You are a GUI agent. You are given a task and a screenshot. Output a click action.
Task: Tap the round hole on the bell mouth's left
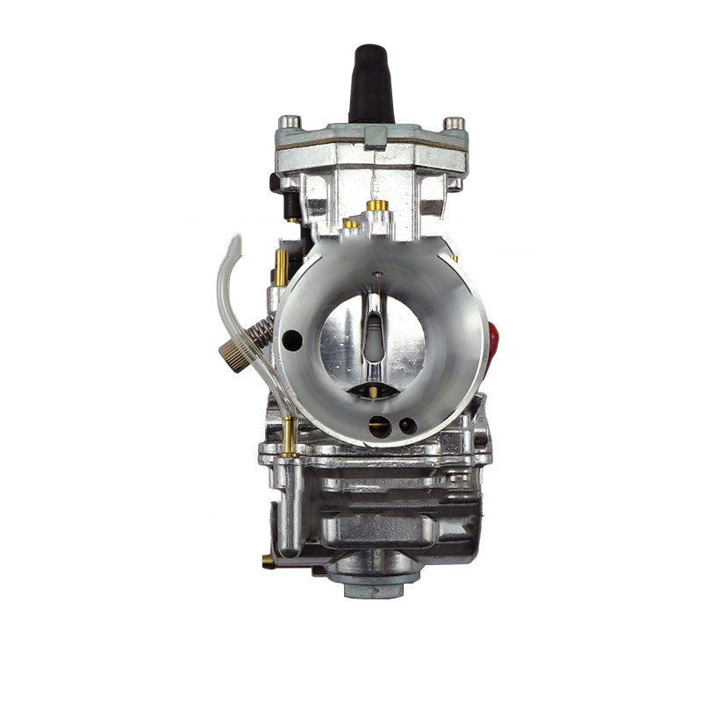pos(293,340)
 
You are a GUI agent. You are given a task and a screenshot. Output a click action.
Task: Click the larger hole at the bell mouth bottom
pos(380,426)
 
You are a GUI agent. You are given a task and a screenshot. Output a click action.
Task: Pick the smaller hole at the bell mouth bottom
pos(406,426)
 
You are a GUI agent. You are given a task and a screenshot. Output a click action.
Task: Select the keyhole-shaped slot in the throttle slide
pos(373,329)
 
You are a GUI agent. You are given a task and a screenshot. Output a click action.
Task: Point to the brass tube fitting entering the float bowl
pos(287,436)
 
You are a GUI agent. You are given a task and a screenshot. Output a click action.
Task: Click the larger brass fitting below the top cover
pos(377,205)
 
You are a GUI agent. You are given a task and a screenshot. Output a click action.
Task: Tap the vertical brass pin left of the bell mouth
pos(280,263)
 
